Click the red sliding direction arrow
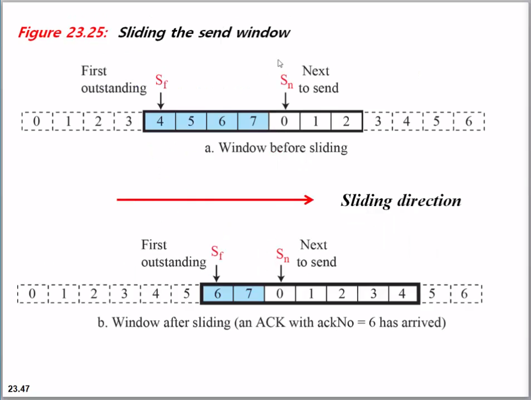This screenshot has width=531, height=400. (x=215, y=201)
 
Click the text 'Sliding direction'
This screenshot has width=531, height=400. (x=400, y=200)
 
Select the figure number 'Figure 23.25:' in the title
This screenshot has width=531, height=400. (x=63, y=32)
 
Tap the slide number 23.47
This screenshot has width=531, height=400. (x=18, y=388)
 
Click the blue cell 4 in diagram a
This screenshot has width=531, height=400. (x=160, y=121)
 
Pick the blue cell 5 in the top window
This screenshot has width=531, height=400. (x=191, y=121)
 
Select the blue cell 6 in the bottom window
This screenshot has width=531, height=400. (x=218, y=294)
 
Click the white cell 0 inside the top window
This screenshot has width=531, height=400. (x=284, y=121)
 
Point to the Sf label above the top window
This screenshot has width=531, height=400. (x=161, y=83)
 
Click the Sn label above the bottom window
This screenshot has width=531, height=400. (x=283, y=255)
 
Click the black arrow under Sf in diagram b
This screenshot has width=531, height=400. (x=218, y=273)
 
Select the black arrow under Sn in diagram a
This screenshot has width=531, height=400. (x=285, y=100)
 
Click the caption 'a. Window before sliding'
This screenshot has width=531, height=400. (x=276, y=148)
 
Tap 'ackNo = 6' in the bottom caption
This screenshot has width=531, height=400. (x=341, y=322)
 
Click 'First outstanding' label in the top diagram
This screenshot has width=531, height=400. (x=114, y=79)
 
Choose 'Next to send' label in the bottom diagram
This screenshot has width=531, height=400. (x=316, y=253)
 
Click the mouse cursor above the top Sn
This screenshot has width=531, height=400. (x=280, y=63)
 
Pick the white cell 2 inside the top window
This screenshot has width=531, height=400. (x=346, y=121)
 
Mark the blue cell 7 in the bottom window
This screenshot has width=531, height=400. (x=249, y=294)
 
